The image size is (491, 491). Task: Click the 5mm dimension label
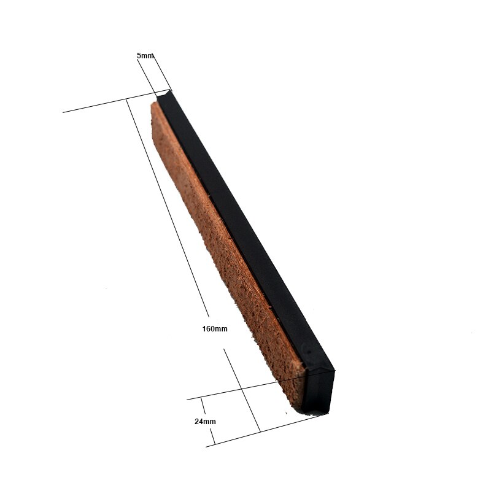[145, 55]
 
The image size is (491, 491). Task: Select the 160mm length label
[215, 329]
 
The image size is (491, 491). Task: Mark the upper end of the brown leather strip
[155, 106]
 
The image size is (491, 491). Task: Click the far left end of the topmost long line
[63, 112]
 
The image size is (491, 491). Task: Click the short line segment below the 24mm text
[210, 435]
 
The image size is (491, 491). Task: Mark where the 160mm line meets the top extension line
[126, 99]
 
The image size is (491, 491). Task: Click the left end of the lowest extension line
[206, 446]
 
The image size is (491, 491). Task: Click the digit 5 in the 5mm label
[139, 55]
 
